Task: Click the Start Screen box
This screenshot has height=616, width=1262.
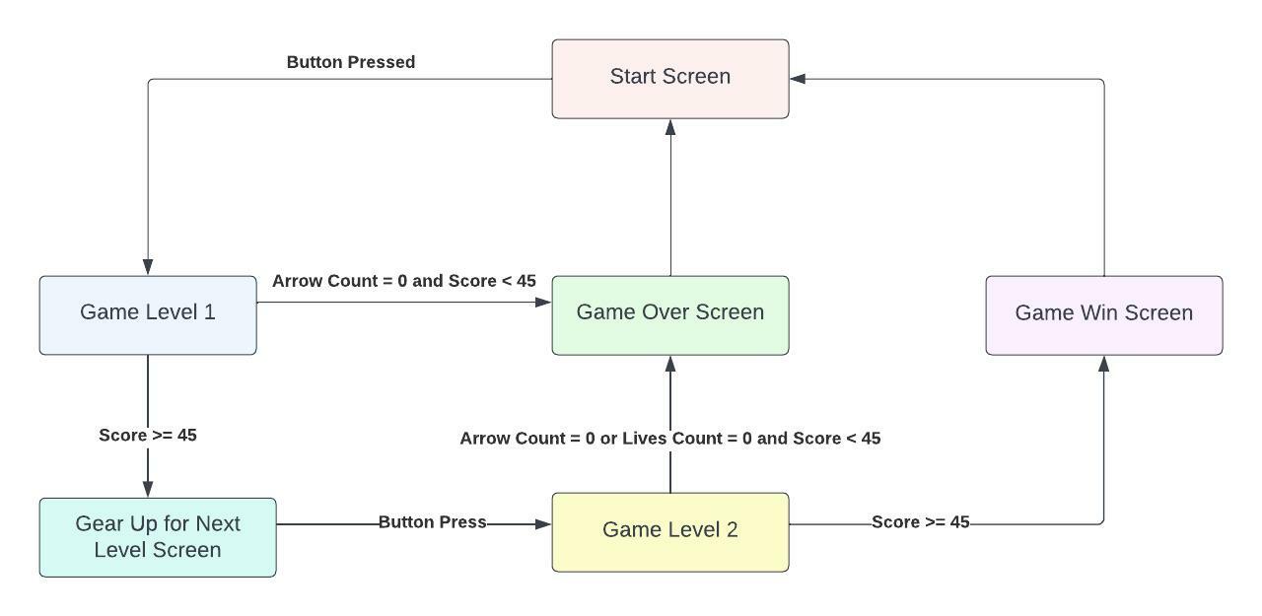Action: click(x=670, y=79)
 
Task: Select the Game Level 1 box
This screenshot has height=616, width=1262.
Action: click(x=148, y=314)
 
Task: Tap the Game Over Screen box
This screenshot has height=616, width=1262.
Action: click(x=670, y=314)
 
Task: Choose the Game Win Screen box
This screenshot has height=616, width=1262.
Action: click(x=1104, y=314)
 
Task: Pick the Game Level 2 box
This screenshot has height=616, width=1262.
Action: click(x=670, y=532)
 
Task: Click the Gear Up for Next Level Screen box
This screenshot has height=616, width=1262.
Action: click(x=158, y=537)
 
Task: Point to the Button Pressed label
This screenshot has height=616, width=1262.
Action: click(x=351, y=62)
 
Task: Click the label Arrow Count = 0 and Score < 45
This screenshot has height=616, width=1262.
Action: click(x=404, y=281)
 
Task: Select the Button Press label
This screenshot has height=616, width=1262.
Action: click(x=432, y=522)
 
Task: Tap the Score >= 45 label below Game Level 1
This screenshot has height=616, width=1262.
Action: click(x=148, y=435)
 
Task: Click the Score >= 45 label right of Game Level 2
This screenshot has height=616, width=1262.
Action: click(x=921, y=522)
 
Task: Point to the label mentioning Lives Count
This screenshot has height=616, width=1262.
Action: click(x=670, y=438)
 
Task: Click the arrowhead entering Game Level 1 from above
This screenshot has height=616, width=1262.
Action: click(x=148, y=267)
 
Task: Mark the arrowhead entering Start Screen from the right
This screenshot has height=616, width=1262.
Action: click(x=798, y=79)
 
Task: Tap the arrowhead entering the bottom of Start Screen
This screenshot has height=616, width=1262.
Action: click(x=670, y=127)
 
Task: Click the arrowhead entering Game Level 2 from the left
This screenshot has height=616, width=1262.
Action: click(x=543, y=524)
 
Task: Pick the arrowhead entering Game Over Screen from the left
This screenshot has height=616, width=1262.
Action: click(x=543, y=303)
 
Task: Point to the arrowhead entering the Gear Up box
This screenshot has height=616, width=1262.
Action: click(x=148, y=489)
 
